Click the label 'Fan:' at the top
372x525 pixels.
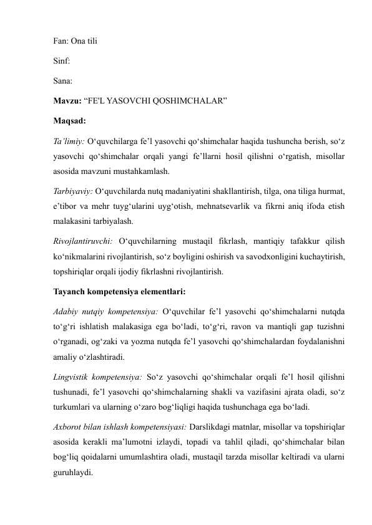point(60,44)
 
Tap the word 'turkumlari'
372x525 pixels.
point(71,408)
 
